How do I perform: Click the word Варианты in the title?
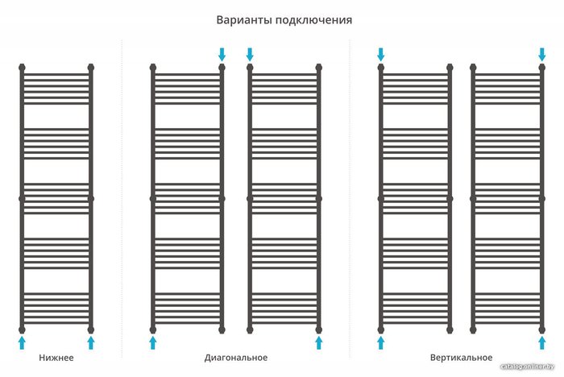244,19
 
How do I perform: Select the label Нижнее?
56,357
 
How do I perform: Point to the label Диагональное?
236,357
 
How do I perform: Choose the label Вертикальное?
460,357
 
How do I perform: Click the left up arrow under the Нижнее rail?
23,343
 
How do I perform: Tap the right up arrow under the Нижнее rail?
91,343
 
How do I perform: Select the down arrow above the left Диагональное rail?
222,54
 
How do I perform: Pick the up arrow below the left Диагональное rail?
153,343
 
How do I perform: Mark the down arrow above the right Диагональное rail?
250,54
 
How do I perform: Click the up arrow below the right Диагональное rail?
319,343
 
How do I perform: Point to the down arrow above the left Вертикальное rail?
381,54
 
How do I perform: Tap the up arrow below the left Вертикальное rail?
381,343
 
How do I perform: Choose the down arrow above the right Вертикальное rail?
542,54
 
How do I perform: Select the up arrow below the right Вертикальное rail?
542,343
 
